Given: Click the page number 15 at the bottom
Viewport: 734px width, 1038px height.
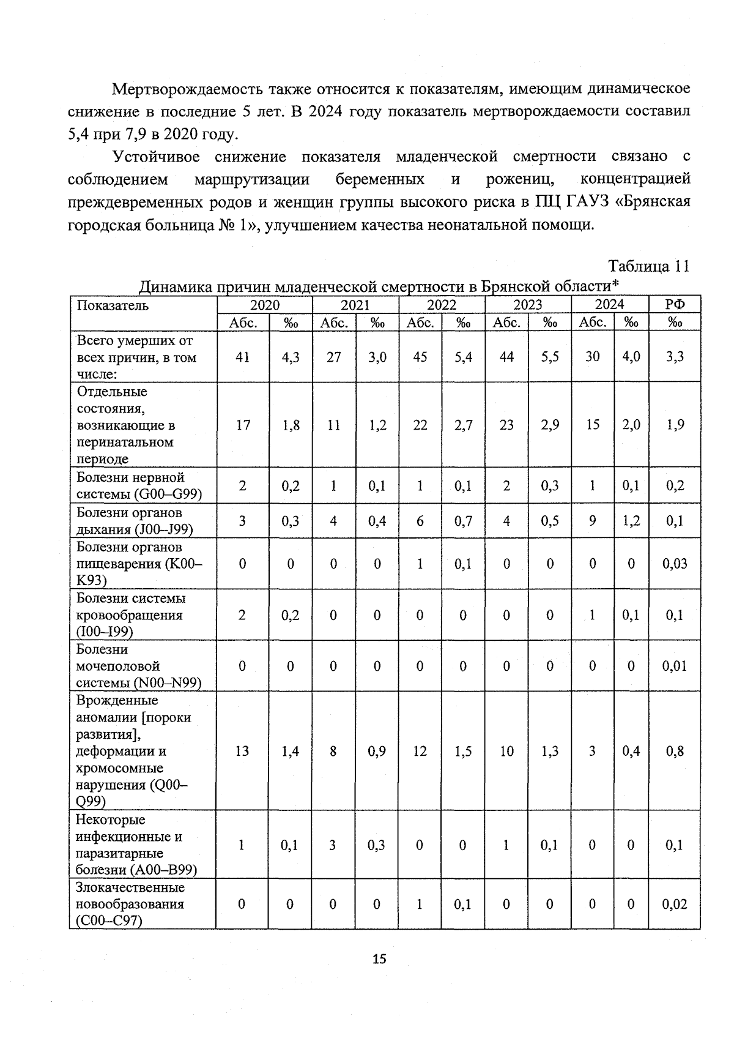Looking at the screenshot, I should (x=379, y=959).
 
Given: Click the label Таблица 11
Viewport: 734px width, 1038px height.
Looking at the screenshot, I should (x=648, y=266).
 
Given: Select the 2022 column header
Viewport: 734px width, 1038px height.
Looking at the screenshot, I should (x=442, y=305).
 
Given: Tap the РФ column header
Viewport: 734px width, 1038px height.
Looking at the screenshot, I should (x=675, y=305).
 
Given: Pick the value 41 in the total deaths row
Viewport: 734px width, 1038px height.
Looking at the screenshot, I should (x=243, y=357).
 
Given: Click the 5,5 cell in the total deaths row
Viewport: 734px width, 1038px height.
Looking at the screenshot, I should (x=550, y=357).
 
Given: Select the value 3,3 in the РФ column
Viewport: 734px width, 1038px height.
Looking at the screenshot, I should (x=675, y=357).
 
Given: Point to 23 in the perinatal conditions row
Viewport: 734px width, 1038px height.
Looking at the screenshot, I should (x=506, y=425).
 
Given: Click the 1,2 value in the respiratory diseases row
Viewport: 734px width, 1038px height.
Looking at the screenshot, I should (x=631, y=521).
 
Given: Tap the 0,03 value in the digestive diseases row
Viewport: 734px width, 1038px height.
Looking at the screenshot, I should (x=675, y=563).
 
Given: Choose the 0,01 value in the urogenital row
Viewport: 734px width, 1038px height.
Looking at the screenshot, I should (x=675, y=666).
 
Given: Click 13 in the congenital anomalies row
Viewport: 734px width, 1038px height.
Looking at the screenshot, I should (x=242, y=751).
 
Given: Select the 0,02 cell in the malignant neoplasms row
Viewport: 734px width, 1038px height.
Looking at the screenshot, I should (x=675, y=904).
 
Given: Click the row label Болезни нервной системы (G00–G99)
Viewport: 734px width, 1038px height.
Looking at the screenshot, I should (x=138, y=485).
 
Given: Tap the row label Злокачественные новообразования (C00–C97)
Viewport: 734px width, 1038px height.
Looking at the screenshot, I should (x=130, y=904).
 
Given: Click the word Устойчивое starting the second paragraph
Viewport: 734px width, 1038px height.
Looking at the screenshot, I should (x=157, y=157).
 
